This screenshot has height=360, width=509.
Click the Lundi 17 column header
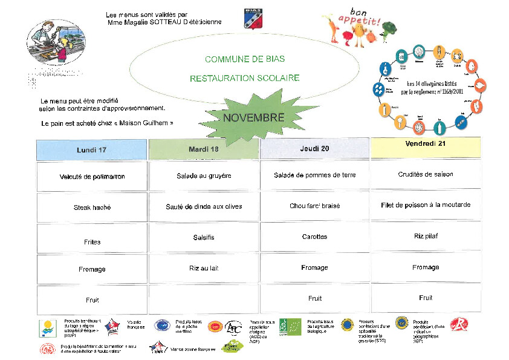91,149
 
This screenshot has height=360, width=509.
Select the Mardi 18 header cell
203,149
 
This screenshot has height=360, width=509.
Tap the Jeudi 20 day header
314,148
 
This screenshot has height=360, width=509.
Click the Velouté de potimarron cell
92,177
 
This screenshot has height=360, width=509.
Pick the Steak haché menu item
92,208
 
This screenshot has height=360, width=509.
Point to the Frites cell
92,241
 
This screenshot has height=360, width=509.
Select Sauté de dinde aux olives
204,206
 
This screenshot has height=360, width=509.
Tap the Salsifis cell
204,237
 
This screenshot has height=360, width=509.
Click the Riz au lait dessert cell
204,267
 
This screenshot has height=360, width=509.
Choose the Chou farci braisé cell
314,206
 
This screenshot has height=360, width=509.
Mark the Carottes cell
314,237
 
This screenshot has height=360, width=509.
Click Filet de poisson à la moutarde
425,205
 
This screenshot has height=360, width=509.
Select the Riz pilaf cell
426,236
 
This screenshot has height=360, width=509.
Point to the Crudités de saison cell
426,174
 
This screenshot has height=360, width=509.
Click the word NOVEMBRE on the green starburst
253,117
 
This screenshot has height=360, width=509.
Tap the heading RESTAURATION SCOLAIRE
244,78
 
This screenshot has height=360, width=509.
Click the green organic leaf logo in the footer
290,327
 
